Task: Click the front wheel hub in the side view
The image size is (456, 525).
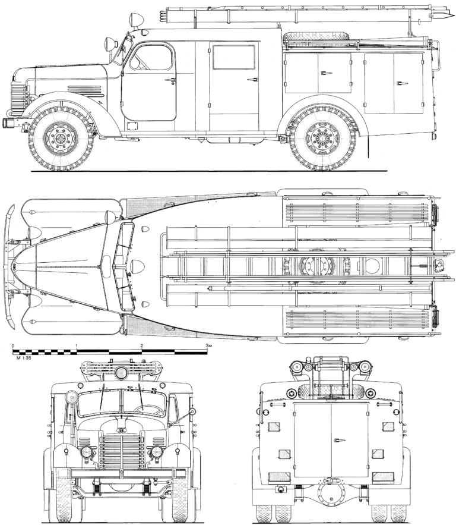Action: [x=61, y=138]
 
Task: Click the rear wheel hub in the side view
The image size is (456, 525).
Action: [x=323, y=138]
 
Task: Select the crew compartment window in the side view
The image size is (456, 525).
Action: [x=234, y=57]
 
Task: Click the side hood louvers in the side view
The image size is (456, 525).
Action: [x=84, y=91]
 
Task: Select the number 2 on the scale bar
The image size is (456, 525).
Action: [x=142, y=345]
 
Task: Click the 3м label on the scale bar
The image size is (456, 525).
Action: [x=208, y=345]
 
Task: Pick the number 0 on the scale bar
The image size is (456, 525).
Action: [x=13, y=345]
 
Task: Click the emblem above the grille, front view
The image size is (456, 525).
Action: [x=121, y=430]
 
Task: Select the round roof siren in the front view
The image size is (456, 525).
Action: [x=121, y=373]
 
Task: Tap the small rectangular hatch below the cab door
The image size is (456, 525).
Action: [x=132, y=125]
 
